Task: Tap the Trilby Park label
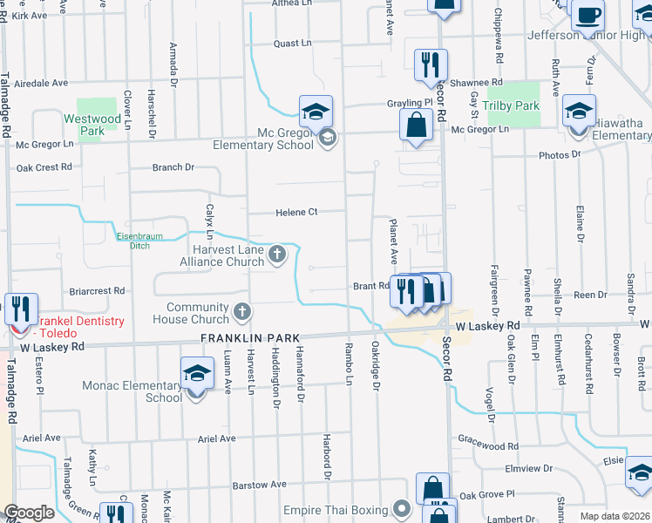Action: [x=513, y=106]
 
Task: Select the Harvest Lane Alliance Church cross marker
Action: [x=277, y=255]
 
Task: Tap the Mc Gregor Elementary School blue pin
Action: [x=316, y=112]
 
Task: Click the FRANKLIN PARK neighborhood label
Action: [x=250, y=337]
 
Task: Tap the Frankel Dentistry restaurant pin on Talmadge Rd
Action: [x=19, y=309]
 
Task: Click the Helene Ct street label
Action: [x=296, y=212]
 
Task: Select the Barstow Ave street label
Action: [x=259, y=485]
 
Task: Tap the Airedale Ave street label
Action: [x=36, y=83]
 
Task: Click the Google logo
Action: [x=29, y=513]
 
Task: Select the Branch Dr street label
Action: [x=173, y=167]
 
